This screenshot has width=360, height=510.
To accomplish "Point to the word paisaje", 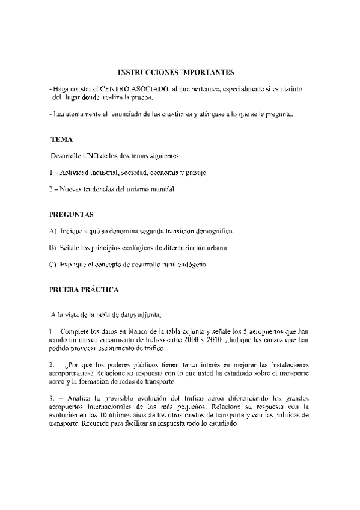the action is [x=193, y=173].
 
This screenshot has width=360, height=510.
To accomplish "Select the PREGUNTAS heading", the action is [x=71, y=214].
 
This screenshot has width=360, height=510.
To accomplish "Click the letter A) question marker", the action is [x=53, y=231].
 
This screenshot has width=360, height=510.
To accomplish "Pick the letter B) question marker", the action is [x=53, y=248].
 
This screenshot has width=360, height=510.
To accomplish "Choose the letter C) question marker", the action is [x=53, y=265].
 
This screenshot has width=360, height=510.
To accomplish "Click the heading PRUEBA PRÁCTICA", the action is [x=84, y=289].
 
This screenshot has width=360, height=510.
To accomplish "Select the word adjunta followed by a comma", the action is [x=149, y=314].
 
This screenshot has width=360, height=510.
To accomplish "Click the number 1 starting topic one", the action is [x=52, y=173].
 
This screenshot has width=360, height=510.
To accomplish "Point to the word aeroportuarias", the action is [x=72, y=373].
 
